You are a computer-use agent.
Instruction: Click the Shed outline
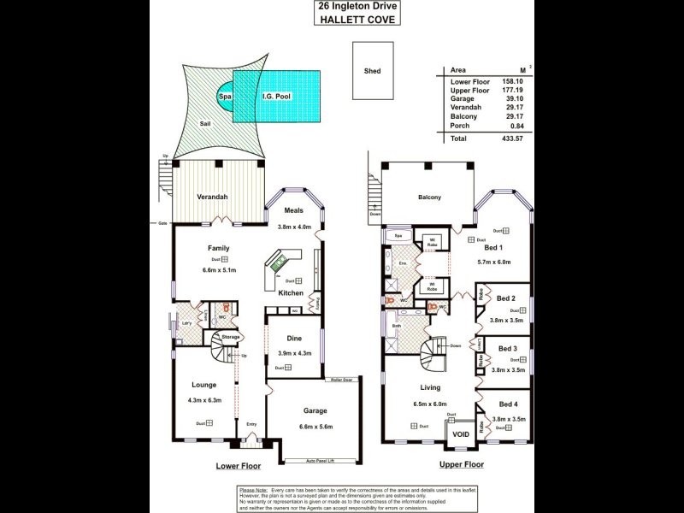click(372, 72)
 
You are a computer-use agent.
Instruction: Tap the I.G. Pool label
click(275, 97)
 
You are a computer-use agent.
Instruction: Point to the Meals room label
click(294, 210)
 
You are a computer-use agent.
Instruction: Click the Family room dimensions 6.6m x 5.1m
click(219, 269)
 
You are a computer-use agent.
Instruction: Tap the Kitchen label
click(291, 293)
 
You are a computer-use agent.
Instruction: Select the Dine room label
click(294, 339)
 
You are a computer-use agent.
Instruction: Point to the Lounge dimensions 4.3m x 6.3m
click(203, 399)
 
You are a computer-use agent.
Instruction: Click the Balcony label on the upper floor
click(429, 198)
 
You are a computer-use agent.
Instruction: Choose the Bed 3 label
click(508, 349)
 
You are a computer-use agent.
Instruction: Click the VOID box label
click(461, 433)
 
